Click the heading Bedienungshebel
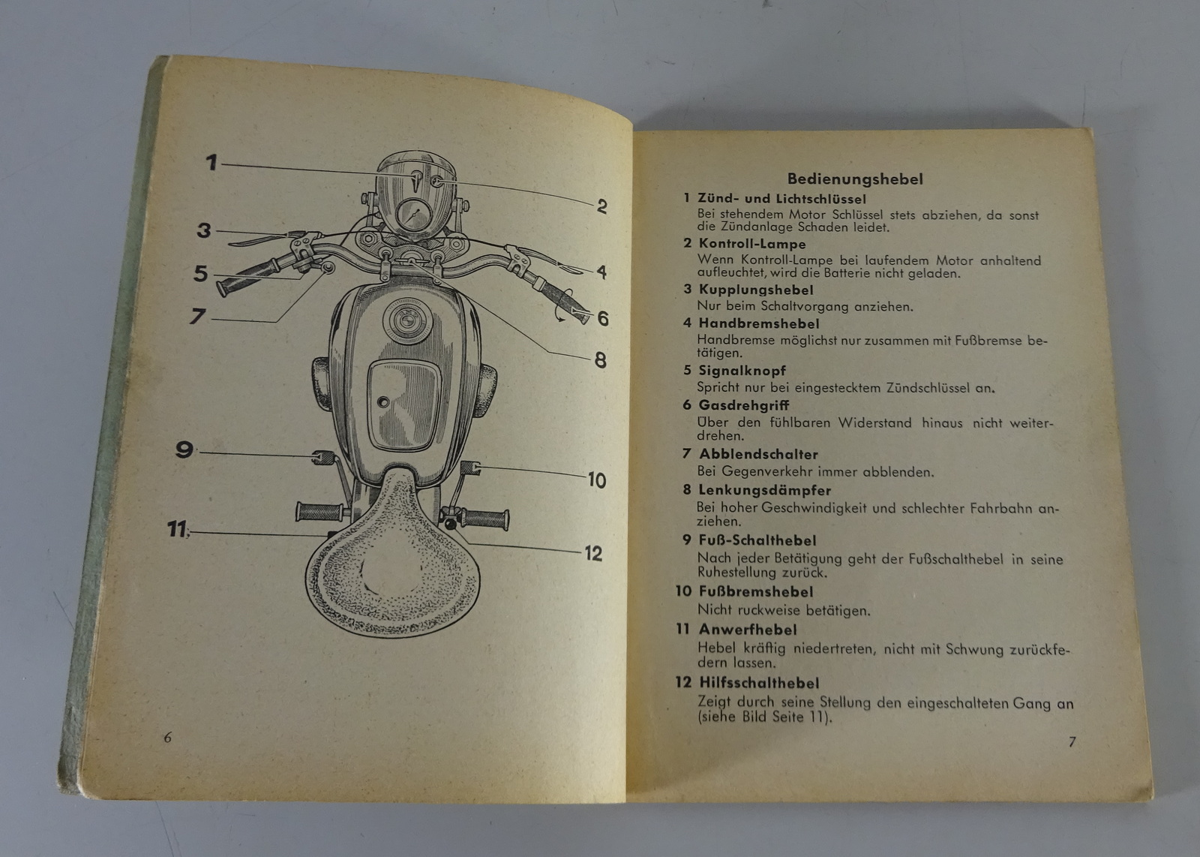click(855, 179)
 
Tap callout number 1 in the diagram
click(212, 162)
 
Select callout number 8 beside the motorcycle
click(601, 360)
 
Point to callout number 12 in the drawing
click(593, 553)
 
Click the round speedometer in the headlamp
click(414, 214)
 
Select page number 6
click(168, 738)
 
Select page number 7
click(1072, 741)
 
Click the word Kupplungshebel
click(756, 290)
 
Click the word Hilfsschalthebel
click(759, 683)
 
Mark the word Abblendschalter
click(758, 455)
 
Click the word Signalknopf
click(742, 371)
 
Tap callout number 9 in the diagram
click(184, 449)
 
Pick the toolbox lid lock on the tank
click(383, 401)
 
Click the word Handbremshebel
click(758, 323)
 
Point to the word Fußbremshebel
click(755, 591)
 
